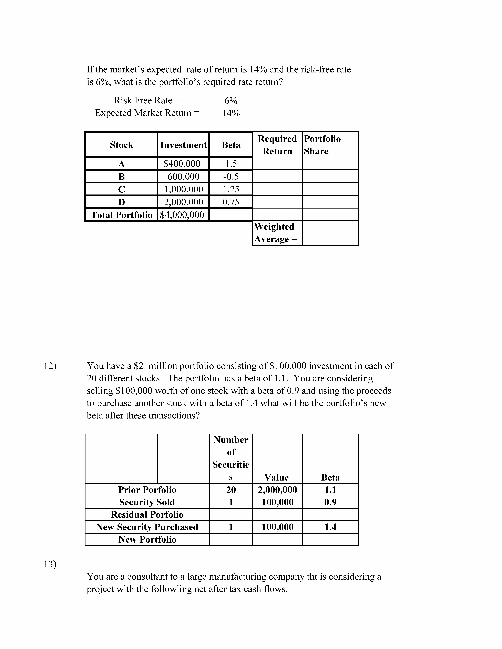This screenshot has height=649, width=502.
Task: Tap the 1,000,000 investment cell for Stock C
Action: pos(183,189)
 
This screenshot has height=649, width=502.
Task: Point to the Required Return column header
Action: pos(277,145)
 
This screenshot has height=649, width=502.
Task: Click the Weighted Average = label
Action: pos(275,233)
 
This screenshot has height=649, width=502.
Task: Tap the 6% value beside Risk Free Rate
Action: pos(231,101)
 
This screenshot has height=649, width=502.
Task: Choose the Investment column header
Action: pos(183,145)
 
